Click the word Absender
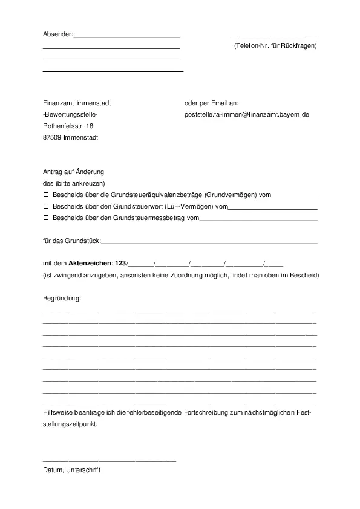pos(57,34)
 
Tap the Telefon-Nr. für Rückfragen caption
pos(275,46)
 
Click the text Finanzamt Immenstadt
pos(77,103)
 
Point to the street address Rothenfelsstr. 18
pos(68,126)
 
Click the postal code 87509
pos(52,137)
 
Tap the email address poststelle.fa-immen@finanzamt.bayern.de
pos(247,114)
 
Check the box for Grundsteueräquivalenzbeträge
pos(46,195)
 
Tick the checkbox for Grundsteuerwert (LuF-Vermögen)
pos(46,206)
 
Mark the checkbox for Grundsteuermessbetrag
pos(46,218)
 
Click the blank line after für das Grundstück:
pos(209,242)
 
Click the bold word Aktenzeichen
pos(90,264)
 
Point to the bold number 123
pos(120,264)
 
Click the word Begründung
pos(62,299)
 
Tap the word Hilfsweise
pos(58,412)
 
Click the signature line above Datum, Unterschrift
pos(109,461)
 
